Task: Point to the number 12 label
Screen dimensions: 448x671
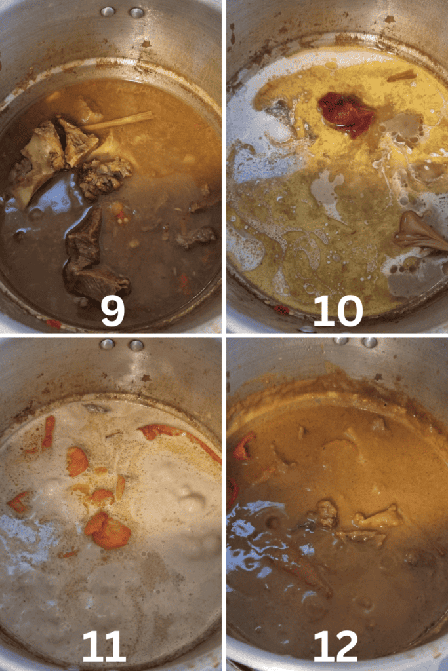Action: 335,645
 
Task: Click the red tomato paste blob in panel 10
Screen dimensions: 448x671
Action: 345,114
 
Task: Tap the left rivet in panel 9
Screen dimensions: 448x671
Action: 107,12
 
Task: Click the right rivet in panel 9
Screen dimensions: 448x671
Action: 136,12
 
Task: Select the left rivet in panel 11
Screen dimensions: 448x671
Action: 107,343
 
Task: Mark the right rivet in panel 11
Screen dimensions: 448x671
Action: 136,345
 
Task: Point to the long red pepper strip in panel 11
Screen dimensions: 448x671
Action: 180,438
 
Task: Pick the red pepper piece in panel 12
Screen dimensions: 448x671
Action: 243,448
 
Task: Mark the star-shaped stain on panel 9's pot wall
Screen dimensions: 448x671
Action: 146,44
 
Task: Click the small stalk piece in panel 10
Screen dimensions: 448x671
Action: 401,76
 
